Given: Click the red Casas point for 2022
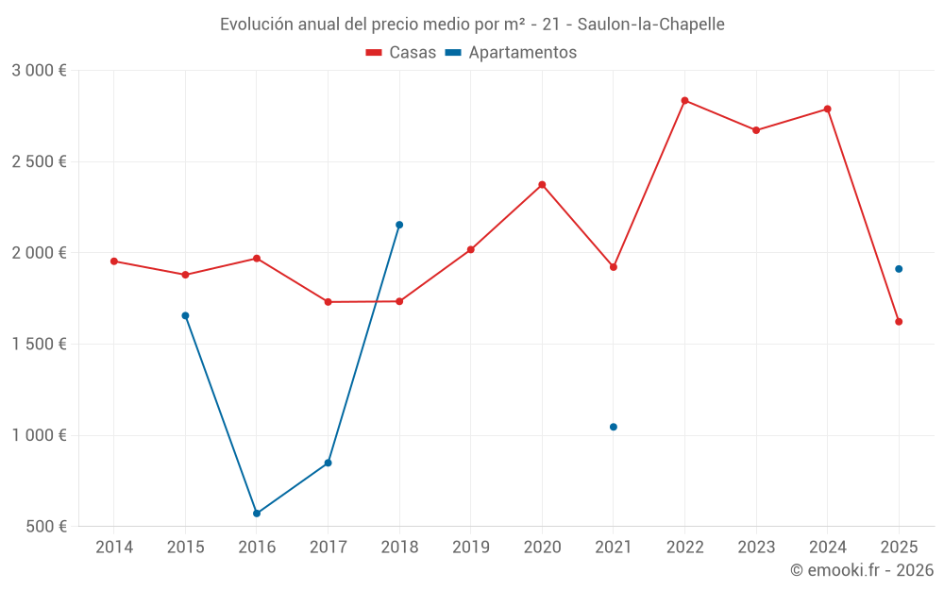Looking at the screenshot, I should (x=684, y=100).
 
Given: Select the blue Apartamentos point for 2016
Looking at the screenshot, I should (x=257, y=514).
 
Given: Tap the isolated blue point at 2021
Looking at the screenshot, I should (x=614, y=427).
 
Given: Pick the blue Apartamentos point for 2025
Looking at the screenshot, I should (x=899, y=269).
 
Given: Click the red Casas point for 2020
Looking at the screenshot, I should (x=542, y=184).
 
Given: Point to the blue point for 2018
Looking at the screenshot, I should (x=399, y=225).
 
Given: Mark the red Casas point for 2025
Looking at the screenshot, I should (x=899, y=322).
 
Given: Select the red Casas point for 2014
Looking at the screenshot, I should (x=114, y=261).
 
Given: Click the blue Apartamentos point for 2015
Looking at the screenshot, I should (x=185, y=315).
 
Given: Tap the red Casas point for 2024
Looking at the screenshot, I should (x=828, y=109).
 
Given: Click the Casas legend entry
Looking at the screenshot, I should (x=401, y=53).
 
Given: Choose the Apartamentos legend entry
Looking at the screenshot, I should (x=511, y=53).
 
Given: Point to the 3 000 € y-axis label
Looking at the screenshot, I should (x=39, y=71).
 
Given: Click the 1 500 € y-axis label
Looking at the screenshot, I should (x=39, y=345).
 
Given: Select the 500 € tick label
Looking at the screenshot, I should (x=45, y=527).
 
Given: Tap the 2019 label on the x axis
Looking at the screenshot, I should (x=470, y=548).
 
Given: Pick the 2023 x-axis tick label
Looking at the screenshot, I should (x=756, y=548).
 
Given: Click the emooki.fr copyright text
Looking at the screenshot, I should (x=861, y=570).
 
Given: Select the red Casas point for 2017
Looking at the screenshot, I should (x=328, y=302).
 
